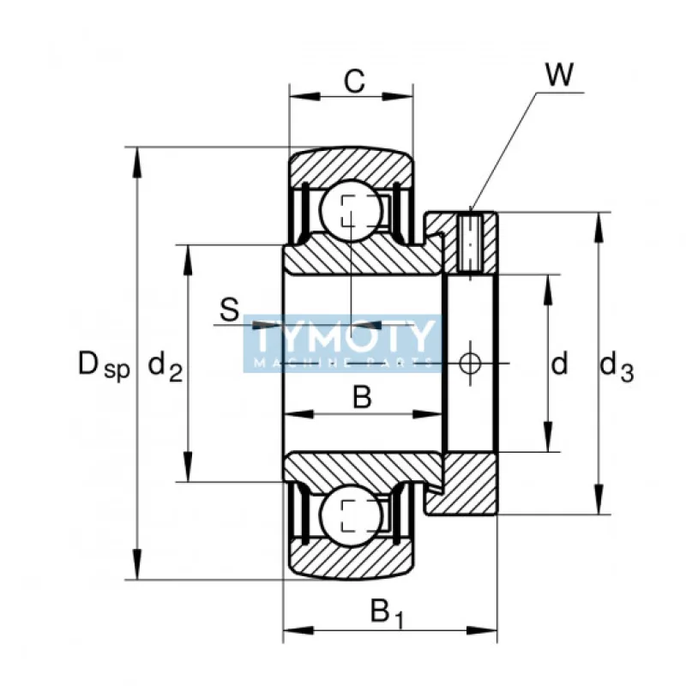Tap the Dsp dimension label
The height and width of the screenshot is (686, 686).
click(x=103, y=366)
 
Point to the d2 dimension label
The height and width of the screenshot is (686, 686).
click(x=165, y=367)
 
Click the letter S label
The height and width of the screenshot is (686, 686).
click(x=228, y=310)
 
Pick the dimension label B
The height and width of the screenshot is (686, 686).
click(x=363, y=397)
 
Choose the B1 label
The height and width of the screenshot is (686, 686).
click(x=386, y=613)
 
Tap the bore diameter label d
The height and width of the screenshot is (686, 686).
click(x=559, y=365)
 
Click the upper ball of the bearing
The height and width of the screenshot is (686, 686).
click(x=350, y=209)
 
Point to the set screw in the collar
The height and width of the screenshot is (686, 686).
click(x=470, y=241)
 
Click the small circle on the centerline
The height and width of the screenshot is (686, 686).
click(x=470, y=363)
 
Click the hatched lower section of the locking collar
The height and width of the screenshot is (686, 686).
click(x=467, y=484)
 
